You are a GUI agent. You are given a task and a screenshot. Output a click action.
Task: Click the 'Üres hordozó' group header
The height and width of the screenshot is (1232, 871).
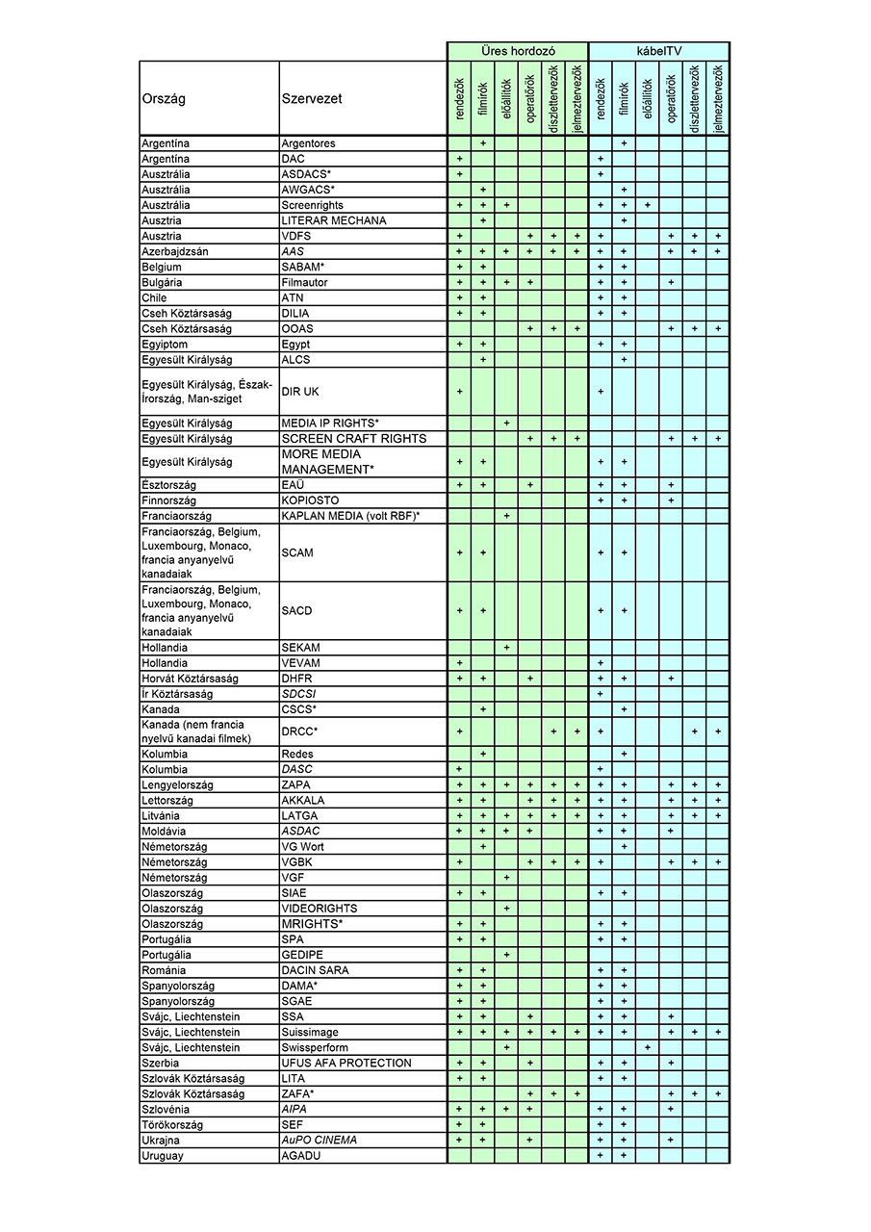(x=517, y=50)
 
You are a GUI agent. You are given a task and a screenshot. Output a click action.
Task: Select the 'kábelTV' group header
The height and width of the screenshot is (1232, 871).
(x=658, y=50)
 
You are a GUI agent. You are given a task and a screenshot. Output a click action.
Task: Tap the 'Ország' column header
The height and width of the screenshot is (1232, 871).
(x=164, y=98)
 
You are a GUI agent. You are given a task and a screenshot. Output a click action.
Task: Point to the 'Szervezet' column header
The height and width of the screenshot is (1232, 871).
(x=312, y=98)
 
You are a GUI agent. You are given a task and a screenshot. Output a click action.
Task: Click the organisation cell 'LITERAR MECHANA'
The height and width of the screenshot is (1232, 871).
(x=333, y=220)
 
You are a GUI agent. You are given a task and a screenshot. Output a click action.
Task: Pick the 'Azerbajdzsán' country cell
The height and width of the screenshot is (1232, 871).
(x=175, y=251)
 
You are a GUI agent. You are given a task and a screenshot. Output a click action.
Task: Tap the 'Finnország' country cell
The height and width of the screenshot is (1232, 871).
(x=169, y=500)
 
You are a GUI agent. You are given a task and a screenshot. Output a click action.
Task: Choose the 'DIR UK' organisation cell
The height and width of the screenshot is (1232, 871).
(x=299, y=392)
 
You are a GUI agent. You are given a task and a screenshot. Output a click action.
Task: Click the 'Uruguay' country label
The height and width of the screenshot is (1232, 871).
(x=163, y=1155)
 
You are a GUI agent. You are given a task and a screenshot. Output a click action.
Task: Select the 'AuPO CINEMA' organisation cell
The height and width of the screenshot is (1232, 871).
(x=319, y=1140)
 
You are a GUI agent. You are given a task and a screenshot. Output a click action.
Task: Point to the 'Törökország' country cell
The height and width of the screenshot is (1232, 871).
(x=173, y=1124)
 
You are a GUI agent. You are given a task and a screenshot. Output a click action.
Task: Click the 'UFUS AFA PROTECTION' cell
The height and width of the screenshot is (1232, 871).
(x=346, y=1063)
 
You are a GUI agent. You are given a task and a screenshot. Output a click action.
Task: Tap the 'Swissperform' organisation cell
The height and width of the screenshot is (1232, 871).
(x=315, y=1047)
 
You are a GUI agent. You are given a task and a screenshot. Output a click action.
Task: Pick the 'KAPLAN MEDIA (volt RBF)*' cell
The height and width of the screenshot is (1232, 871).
(x=350, y=516)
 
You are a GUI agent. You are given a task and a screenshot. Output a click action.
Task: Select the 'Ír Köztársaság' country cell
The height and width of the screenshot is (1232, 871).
(x=177, y=694)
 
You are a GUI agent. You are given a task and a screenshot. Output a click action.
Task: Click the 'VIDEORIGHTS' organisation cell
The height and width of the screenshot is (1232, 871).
(x=319, y=909)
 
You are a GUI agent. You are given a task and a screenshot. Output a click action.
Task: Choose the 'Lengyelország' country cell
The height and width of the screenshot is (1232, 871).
(x=177, y=784)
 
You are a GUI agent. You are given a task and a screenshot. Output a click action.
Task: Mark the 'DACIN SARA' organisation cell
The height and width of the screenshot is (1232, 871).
(x=315, y=970)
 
